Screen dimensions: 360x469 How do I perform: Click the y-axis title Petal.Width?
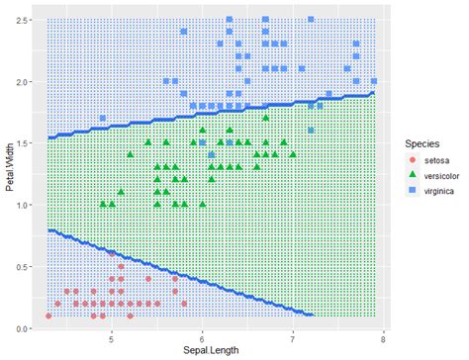9,173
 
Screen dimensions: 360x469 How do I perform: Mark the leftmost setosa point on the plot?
48,316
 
